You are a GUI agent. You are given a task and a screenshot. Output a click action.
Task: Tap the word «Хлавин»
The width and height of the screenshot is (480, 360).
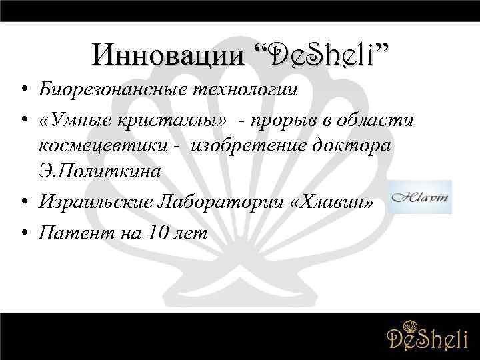pyautogui.click(x=337, y=199)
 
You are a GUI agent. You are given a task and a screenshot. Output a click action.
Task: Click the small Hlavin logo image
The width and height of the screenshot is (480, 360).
pyautogui.click(x=419, y=197)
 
